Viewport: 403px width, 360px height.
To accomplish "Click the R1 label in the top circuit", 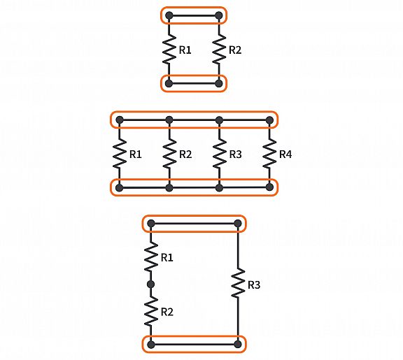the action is [185, 50].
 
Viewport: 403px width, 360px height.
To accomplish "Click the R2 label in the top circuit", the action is [235, 50].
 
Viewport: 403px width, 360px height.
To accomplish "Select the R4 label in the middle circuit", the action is [285, 154].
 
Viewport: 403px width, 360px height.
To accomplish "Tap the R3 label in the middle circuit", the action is [235, 154].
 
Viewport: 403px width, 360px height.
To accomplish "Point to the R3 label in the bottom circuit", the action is [254, 285].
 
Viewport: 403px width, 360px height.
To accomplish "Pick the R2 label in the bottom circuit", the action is [167, 312].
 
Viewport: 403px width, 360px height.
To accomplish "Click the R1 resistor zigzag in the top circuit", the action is [169, 50].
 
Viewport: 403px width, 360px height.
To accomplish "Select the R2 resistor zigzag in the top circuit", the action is [219, 50].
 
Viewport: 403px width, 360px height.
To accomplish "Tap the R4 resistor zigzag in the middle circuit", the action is [269, 154].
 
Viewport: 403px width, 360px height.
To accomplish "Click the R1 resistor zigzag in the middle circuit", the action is [119, 154].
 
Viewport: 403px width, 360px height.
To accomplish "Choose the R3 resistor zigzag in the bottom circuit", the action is [238, 283].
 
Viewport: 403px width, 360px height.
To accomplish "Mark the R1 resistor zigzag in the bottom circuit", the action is [151, 257].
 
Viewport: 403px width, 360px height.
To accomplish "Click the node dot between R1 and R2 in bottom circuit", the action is [151, 285].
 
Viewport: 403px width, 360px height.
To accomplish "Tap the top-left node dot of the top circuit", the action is [169, 15].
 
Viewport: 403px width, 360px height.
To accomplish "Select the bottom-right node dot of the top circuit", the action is [219, 83].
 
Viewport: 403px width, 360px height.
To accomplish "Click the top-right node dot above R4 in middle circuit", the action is [269, 120].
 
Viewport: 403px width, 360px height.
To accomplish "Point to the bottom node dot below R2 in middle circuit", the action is [169, 188].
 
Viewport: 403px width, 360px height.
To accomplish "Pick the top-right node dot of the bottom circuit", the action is [238, 224].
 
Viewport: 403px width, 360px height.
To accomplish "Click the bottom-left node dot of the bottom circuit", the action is [151, 345].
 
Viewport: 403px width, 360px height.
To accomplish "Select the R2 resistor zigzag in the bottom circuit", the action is [151, 311].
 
